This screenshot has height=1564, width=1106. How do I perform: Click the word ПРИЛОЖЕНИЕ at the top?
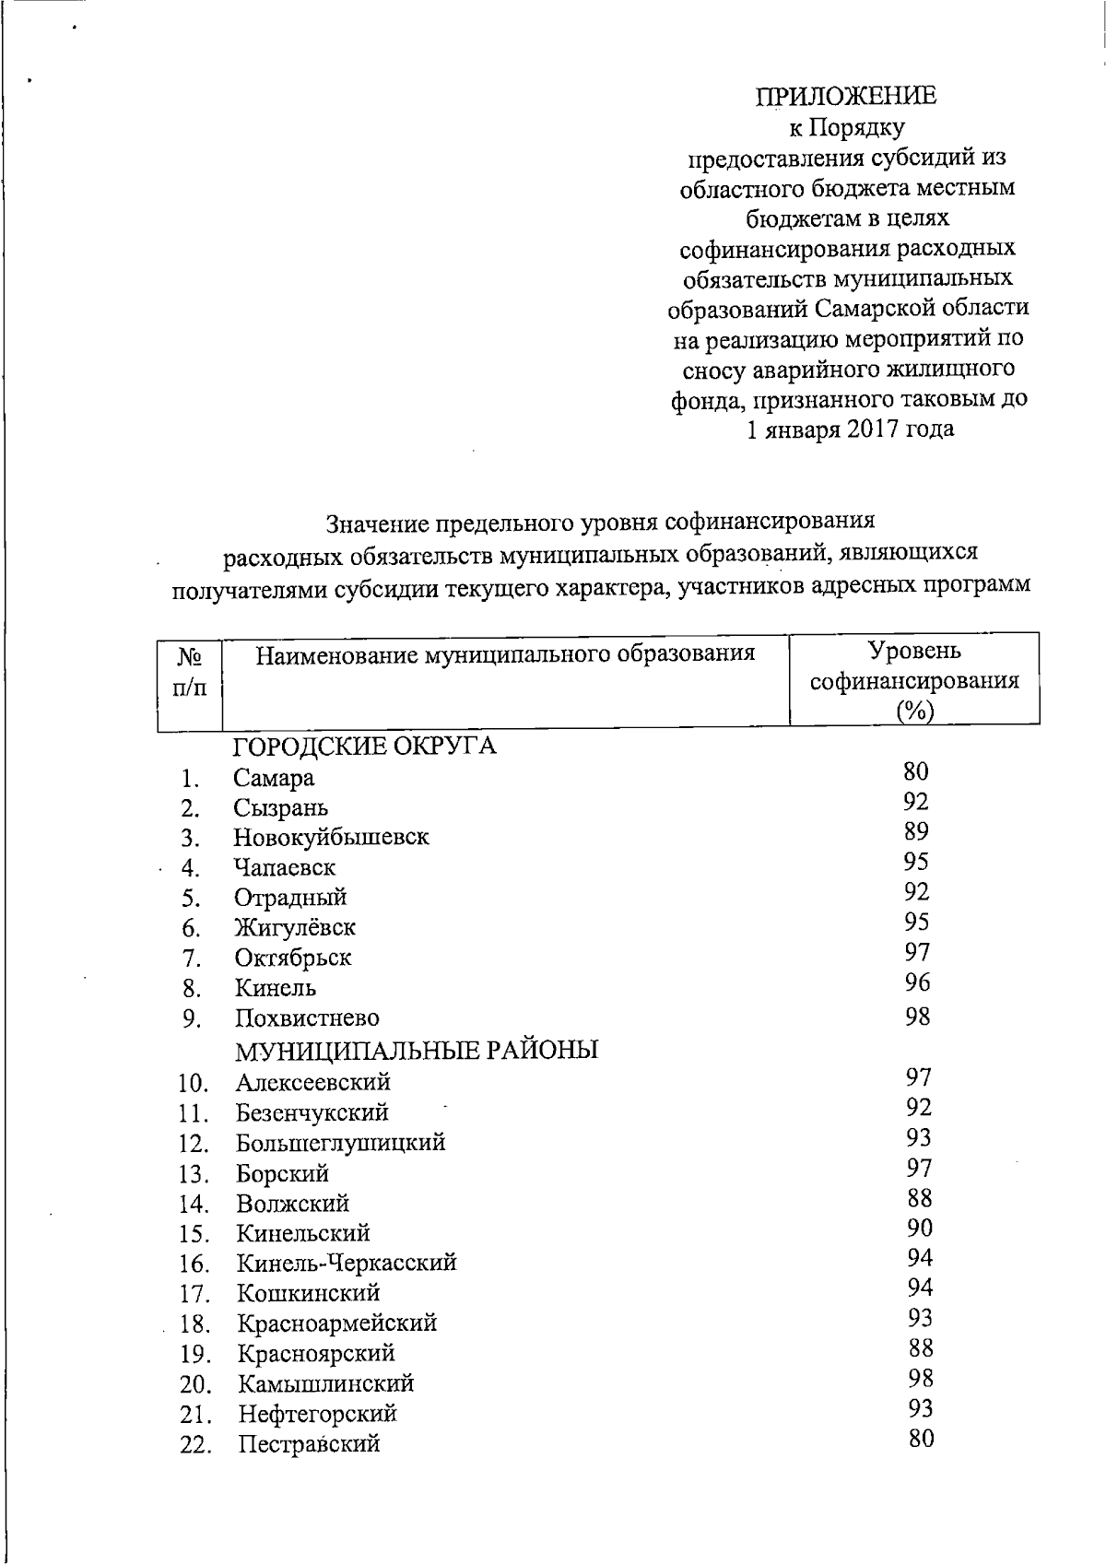[846, 96]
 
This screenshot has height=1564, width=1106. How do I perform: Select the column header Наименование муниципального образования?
[505, 654]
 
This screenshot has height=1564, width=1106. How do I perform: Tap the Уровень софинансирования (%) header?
[914, 680]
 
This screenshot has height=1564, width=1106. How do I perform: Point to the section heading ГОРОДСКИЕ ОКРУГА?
[365, 746]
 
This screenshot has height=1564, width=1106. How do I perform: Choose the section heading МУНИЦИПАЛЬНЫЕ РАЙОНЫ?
[417, 1050]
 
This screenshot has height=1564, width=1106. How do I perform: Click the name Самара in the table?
[274, 778]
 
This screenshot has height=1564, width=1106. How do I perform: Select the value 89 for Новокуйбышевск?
[916, 831]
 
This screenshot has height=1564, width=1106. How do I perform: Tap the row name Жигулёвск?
[295, 927]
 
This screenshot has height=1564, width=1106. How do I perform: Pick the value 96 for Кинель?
[917, 982]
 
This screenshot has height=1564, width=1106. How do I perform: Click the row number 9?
[192, 1019]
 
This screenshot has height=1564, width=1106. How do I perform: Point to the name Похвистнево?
[307, 1018]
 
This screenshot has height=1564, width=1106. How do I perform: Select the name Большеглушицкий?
[341, 1143]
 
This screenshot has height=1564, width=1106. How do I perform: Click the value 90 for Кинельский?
[919, 1228]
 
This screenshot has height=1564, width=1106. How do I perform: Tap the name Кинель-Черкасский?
[347, 1263]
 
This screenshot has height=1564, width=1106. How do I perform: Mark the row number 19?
[196, 1354]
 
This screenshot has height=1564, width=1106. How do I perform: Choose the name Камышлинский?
[326, 1383]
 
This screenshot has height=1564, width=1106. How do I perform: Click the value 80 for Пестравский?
[921, 1439]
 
